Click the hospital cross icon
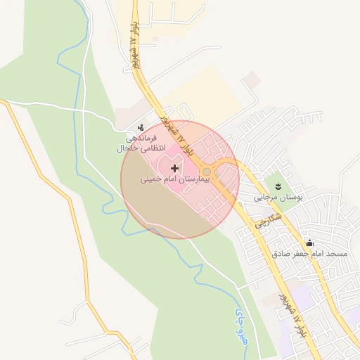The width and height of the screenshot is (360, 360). (175, 168)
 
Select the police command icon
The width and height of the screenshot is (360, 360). (141, 128)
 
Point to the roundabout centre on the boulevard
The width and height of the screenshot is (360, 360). (207, 172)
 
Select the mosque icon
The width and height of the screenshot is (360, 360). (310, 242)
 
